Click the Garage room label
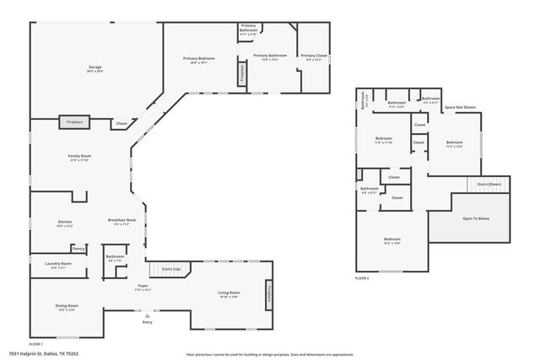pos(95,67)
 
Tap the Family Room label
pos(79,156)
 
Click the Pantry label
pos(78,249)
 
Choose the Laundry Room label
pos(58,264)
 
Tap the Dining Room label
pos(67,306)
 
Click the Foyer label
pos(143,286)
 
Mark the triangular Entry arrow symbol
pos(148,315)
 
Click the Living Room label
pos(229,293)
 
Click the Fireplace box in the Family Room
pos(76,122)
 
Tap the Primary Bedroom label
pos(199,58)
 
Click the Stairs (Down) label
pos(489,183)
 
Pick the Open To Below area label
pos(475,218)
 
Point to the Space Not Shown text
pos(460,107)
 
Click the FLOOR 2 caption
pos(362,277)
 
